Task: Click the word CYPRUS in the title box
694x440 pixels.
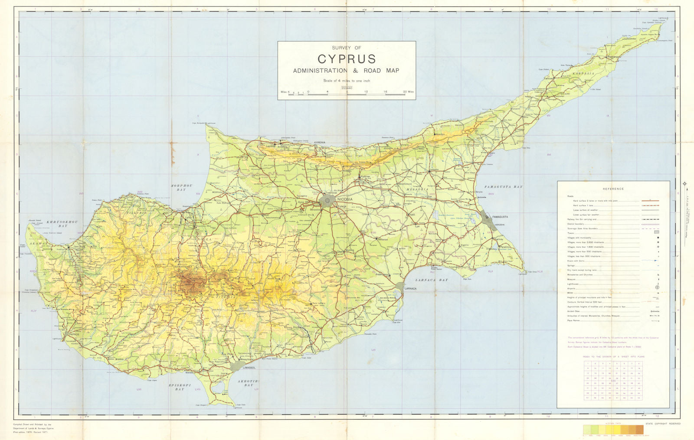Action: (x=347, y=59)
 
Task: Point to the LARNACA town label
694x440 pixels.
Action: (x=410, y=288)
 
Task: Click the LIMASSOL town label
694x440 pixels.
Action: (x=249, y=368)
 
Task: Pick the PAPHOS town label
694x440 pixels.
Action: (x=74, y=335)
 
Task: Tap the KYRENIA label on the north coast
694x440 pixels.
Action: (x=320, y=142)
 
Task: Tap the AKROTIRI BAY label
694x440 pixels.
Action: (x=248, y=383)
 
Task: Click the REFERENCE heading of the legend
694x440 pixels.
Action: (x=613, y=189)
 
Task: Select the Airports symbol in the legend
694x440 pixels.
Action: (x=657, y=287)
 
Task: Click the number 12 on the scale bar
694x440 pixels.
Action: (x=366, y=92)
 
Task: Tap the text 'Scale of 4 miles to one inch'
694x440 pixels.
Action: (x=347, y=81)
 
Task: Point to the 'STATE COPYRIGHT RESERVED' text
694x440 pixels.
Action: (x=663, y=424)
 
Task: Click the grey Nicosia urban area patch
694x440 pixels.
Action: (x=328, y=200)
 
